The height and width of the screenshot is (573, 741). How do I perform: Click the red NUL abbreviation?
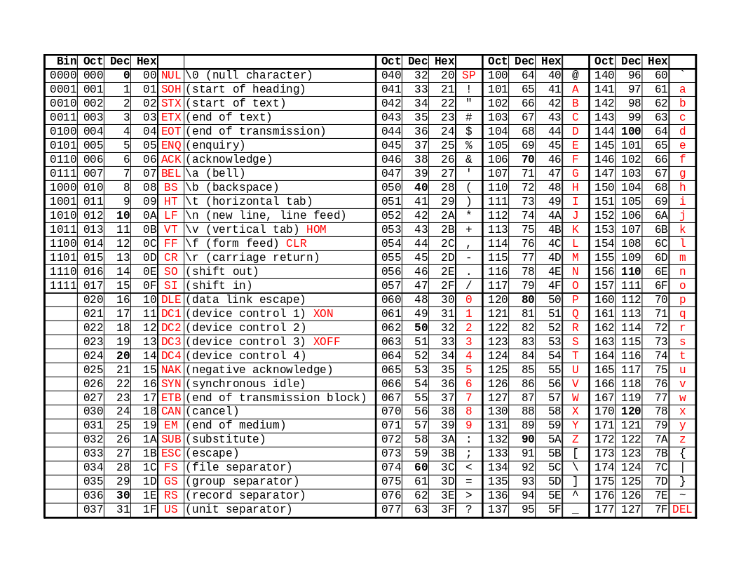[x=171, y=75]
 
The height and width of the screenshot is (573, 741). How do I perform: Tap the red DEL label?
[x=682, y=510]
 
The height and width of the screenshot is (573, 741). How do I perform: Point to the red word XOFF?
[x=327, y=342]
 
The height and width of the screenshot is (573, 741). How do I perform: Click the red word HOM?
[x=316, y=229]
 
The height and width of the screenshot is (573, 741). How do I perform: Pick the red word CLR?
[x=297, y=243]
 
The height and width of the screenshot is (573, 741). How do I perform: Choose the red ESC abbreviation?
[x=171, y=454]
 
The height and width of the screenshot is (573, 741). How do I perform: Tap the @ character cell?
[x=576, y=75]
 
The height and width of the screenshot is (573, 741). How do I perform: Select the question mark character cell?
[x=469, y=510]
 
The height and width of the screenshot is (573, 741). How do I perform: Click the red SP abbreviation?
[x=469, y=75]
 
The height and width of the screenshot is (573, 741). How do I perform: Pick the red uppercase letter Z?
[x=576, y=440]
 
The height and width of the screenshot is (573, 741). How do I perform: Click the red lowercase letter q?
[x=682, y=314]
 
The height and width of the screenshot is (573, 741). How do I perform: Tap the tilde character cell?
[x=682, y=496]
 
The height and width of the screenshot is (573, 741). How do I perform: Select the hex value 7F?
[x=660, y=510]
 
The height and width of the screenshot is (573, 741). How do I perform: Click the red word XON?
[x=323, y=314]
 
